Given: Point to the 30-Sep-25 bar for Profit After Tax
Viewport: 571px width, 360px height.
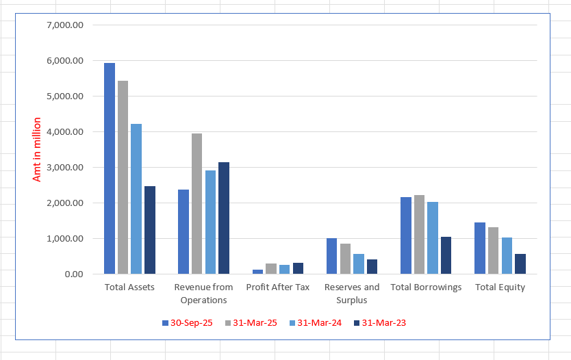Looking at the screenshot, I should [x=257, y=272].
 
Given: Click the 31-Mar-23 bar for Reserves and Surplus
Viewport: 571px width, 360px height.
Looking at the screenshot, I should [x=372, y=267].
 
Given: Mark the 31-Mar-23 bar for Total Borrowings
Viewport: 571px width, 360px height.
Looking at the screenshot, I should [x=446, y=255].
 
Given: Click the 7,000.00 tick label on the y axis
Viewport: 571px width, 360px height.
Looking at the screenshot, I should [x=65, y=25].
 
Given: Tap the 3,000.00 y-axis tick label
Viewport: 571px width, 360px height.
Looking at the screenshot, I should [x=65, y=168].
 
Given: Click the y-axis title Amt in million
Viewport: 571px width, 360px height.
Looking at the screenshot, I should [x=38, y=150].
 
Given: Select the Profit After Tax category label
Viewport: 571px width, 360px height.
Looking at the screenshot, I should [x=278, y=287].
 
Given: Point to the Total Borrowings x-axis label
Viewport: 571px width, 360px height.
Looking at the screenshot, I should [x=426, y=287].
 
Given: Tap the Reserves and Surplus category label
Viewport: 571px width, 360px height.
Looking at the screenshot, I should [x=352, y=294].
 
